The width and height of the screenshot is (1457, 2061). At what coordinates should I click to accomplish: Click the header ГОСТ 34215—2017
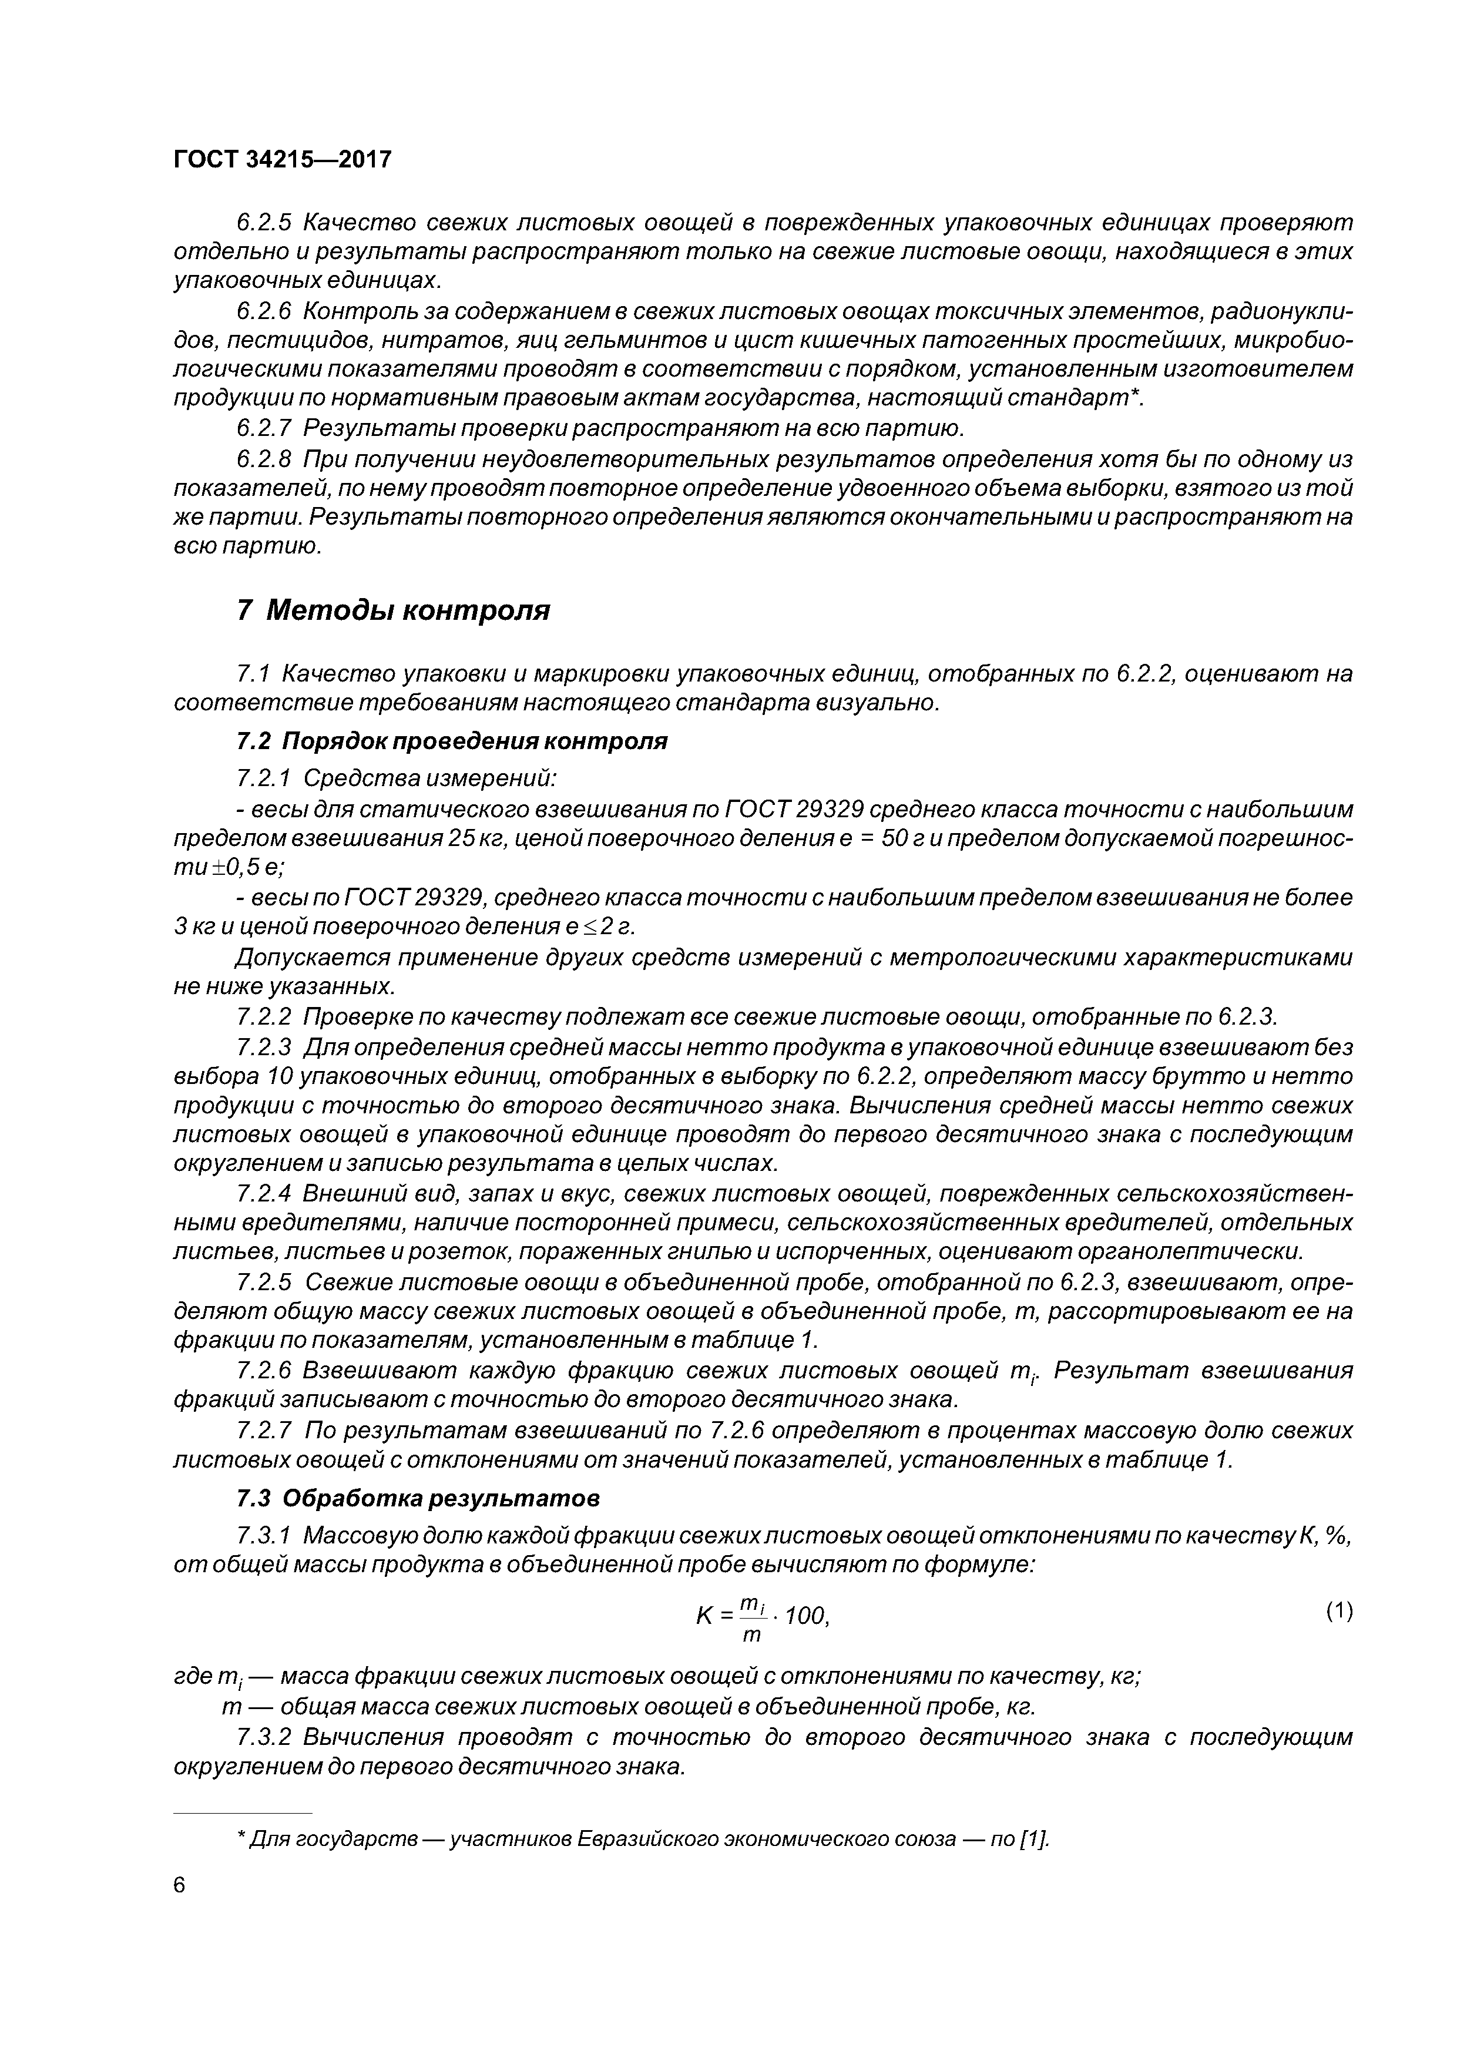[x=282, y=160]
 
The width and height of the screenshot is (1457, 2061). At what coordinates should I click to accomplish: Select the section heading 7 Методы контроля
[x=393, y=610]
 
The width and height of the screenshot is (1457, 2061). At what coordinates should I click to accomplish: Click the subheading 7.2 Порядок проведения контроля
[x=452, y=741]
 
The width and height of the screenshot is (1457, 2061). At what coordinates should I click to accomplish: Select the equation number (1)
[x=1338, y=1612]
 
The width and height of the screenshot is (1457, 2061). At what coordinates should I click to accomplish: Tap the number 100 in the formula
[x=805, y=1617]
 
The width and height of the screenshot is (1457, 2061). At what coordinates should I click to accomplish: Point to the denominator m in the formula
[x=752, y=1636]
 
